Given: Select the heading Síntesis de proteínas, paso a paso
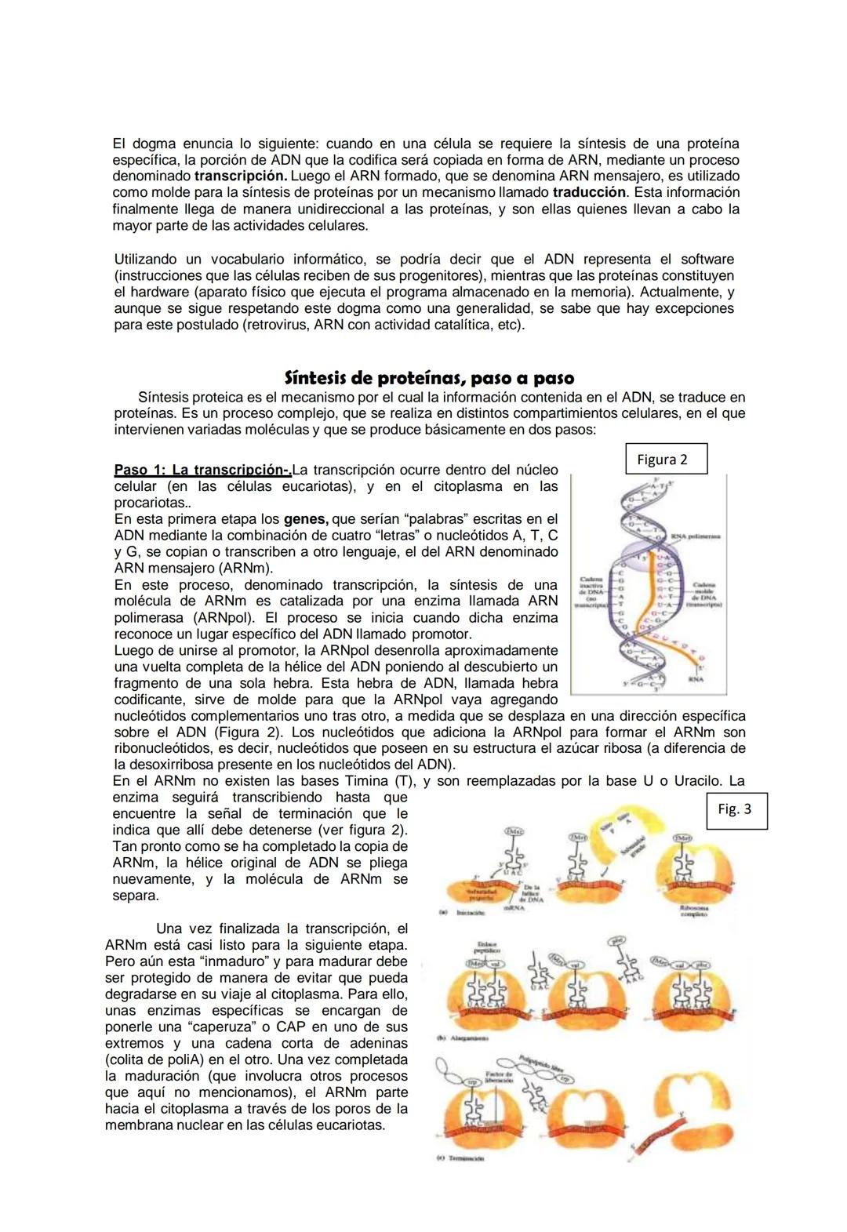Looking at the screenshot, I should (x=429, y=378).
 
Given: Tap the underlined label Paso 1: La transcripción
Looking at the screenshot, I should (x=202, y=471).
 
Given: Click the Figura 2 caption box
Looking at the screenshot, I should (x=667, y=460).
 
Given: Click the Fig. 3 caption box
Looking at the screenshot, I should (x=734, y=809).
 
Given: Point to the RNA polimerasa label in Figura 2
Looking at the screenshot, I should (x=699, y=538).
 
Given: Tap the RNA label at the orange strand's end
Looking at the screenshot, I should (x=694, y=681).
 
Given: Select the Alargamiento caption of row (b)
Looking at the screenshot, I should (x=471, y=1038).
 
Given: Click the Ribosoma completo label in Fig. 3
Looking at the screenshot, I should (x=694, y=912).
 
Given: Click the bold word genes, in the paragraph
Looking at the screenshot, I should (x=307, y=519).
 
